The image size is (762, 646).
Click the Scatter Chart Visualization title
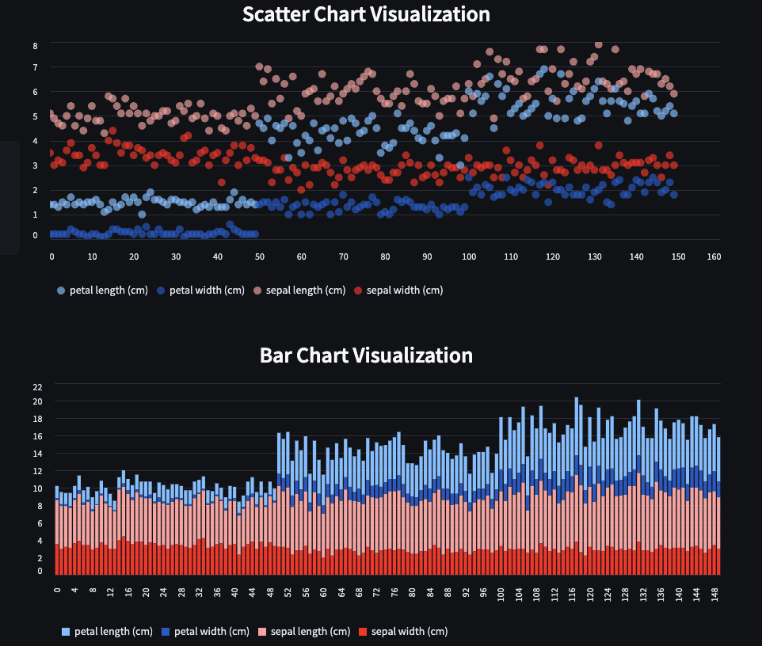366,14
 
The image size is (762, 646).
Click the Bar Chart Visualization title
366,355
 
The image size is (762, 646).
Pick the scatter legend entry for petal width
200,291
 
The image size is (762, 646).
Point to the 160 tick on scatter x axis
714,256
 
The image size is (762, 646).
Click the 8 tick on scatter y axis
35,46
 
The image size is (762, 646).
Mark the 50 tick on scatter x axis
260,256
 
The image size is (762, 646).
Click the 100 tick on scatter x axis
469,256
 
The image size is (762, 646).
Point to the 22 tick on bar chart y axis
37,386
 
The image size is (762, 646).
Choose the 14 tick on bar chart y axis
37,454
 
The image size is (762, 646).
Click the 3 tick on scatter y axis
35,165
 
